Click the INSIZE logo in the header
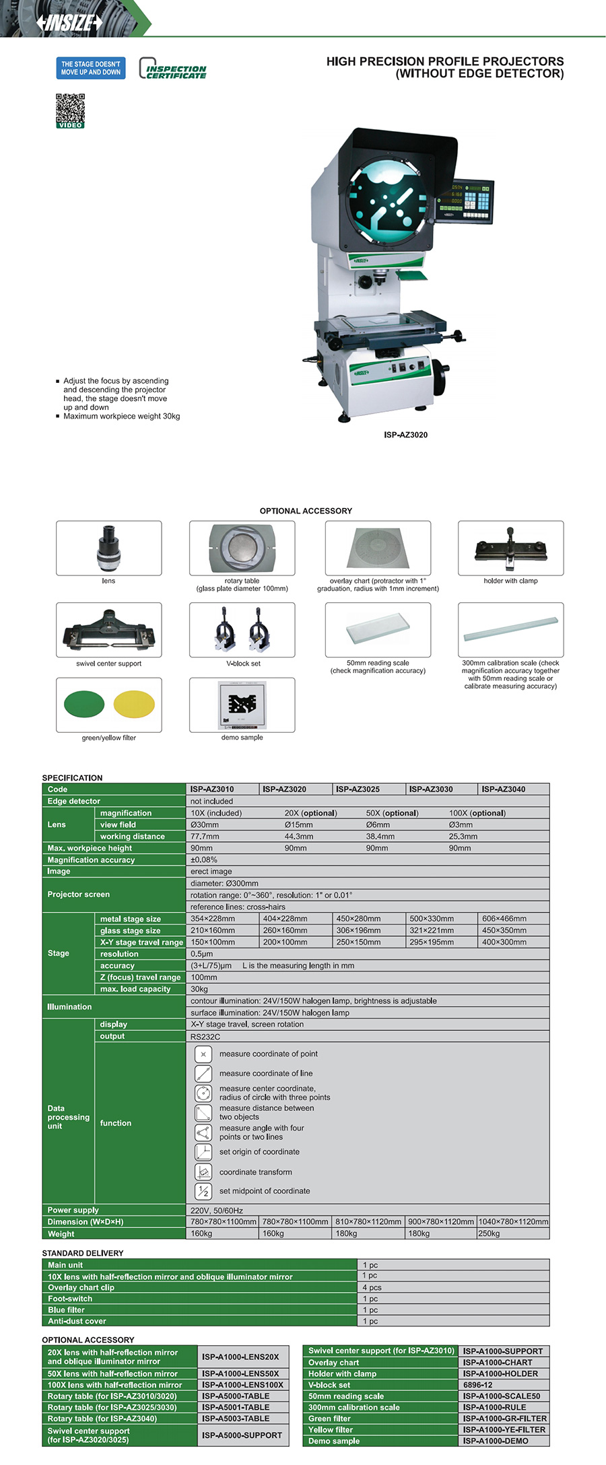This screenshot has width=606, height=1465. (69, 23)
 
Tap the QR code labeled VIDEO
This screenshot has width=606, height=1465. (70, 110)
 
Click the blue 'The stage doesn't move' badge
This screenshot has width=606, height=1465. (91, 68)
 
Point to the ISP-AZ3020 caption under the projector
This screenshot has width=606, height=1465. (405, 435)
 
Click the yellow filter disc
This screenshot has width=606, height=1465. (134, 704)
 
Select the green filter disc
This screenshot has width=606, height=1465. (84, 704)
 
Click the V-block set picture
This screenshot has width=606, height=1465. (242, 630)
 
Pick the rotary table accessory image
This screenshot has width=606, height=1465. (242, 548)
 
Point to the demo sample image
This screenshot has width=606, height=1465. (242, 704)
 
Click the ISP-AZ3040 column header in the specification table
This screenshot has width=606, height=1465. (504, 789)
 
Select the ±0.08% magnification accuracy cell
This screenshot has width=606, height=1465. (204, 859)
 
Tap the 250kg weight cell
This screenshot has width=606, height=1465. (489, 1234)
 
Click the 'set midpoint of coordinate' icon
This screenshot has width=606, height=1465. (203, 1190)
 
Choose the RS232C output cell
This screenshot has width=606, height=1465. (205, 1036)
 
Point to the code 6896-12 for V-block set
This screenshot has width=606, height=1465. (478, 1385)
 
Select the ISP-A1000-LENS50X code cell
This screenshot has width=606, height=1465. (240, 1373)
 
